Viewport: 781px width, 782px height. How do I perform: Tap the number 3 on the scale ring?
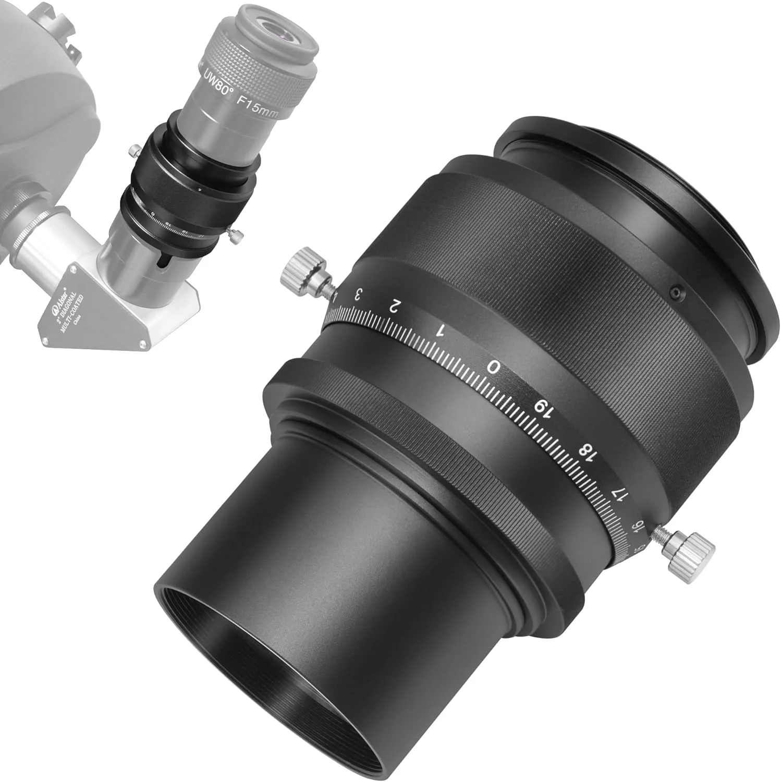[x=358, y=295]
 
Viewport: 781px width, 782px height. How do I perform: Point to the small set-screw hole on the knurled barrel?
[x=676, y=294]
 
